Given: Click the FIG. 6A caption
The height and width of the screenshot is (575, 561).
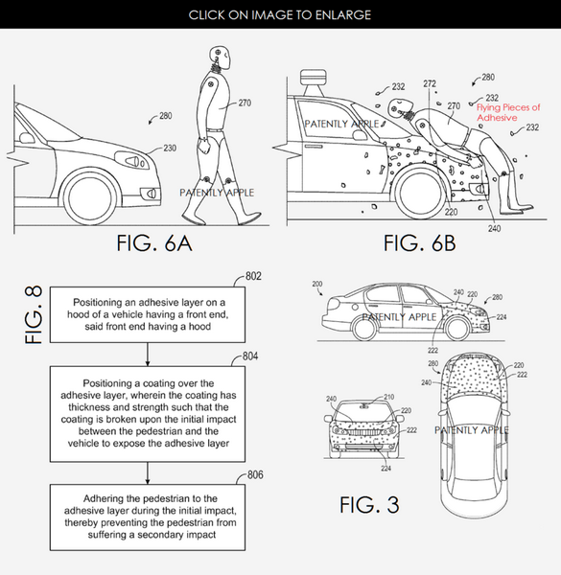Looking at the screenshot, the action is pyautogui.click(x=154, y=243).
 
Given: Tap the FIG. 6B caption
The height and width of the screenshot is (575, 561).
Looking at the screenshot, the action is pyautogui.click(x=419, y=243).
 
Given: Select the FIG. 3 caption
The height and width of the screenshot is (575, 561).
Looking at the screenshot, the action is pyautogui.click(x=369, y=505).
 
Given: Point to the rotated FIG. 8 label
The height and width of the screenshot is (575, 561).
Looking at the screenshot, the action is pyautogui.click(x=34, y=314).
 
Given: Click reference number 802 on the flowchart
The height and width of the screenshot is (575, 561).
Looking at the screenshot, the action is pyautogui.click(x=253, y=276).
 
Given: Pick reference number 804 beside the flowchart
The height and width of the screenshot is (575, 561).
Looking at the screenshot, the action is pyautogui.click(x=250, y=356).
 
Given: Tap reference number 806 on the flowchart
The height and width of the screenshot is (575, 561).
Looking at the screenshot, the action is pyautogui.click(x=255, y=475).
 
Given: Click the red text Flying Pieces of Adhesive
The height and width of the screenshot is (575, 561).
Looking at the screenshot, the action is pyautogui.click(x=508, y=112).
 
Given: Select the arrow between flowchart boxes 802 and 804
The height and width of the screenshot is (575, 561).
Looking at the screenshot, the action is pyautogui.click(x=148, y=355).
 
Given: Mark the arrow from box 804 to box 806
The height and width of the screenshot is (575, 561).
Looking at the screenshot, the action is pyautogui.click(x=148, y=473).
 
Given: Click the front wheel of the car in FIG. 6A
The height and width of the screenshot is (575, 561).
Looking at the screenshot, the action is pyautogui.click(x=89, y=198).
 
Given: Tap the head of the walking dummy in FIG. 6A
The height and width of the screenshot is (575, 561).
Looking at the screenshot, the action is pyautogui.click(x=220, y=57).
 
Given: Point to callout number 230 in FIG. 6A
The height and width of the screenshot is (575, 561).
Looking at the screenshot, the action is pyautogui.click(x=170, y=149).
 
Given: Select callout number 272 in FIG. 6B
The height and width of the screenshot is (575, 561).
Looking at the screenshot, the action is pyautogui.click(x=430, y=84).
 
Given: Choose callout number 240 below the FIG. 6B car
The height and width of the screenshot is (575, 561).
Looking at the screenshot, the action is pyautogui.click(x=494, y=228).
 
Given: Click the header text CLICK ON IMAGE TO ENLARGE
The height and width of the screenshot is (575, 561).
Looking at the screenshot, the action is pyautogui.click(x=280, y=15).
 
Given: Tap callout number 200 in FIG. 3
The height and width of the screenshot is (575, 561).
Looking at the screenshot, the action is pyautogui.click(x=317, y=284).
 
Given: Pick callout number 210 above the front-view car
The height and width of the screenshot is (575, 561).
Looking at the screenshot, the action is pyautogui.click(x=389, y=397).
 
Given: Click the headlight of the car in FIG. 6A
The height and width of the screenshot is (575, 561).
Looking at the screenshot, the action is pyautogui.click(x=131, y=160).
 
